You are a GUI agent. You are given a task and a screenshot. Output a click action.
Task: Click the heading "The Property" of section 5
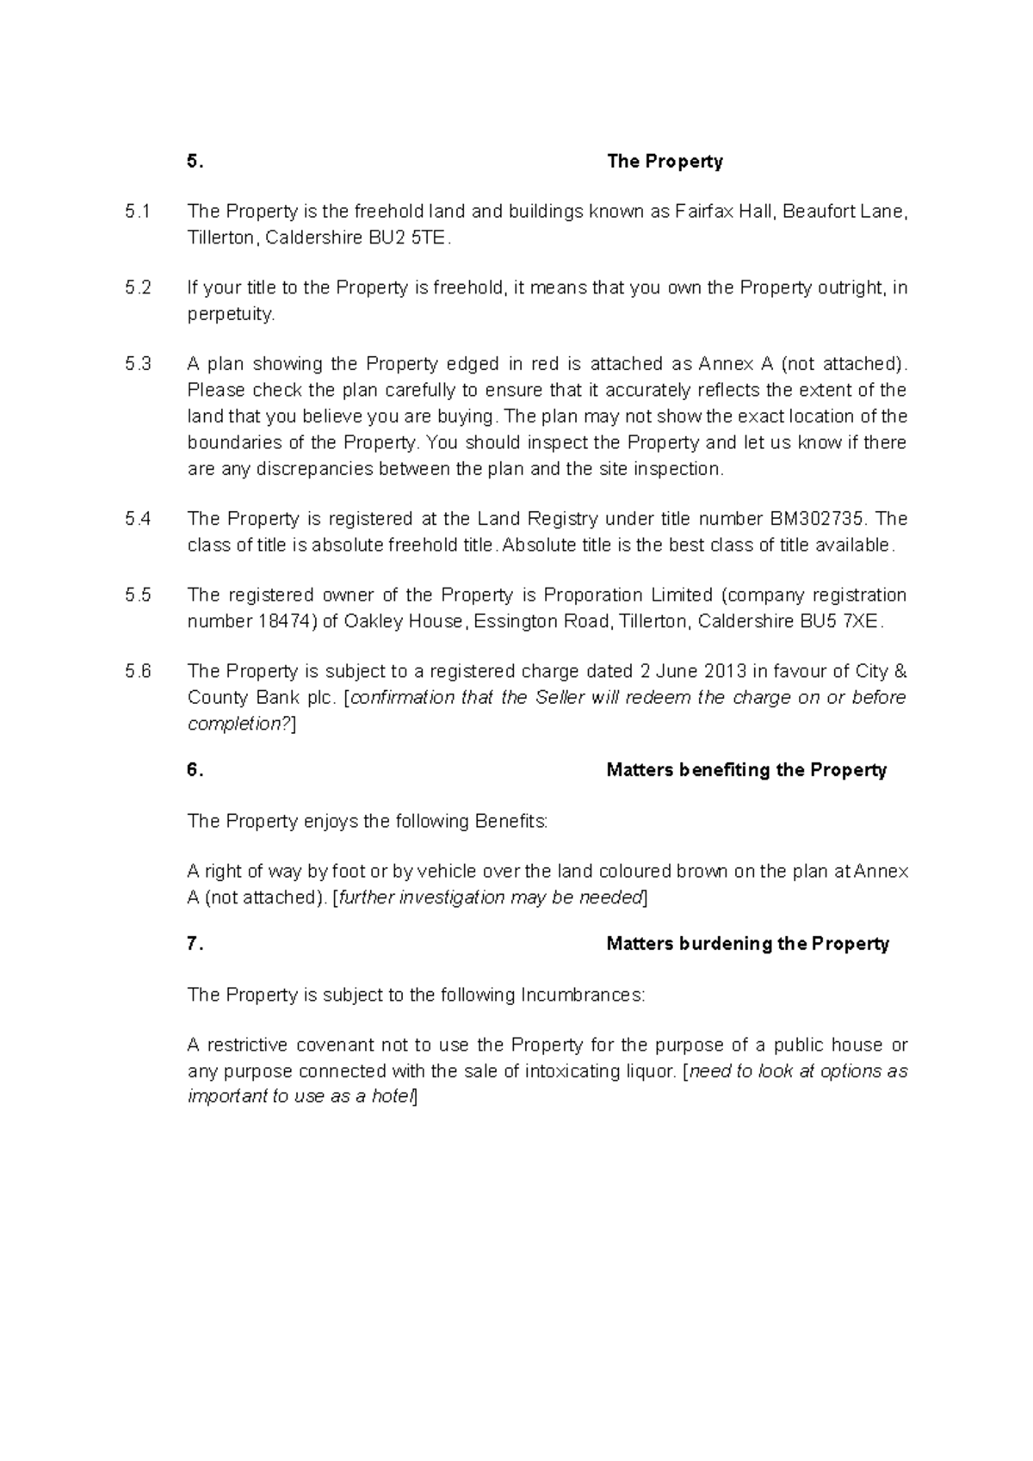click(665, 162)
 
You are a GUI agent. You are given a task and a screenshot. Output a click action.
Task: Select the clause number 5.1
click(137, 212)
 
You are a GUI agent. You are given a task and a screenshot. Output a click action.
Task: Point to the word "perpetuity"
click(230, 314)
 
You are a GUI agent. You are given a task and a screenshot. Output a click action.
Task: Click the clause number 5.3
click(138, 364)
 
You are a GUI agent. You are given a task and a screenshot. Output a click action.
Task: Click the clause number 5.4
click(138, 519)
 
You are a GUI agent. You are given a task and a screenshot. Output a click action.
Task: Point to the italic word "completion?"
click(239, 724)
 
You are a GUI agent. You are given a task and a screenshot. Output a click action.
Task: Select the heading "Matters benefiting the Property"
click(746, 771)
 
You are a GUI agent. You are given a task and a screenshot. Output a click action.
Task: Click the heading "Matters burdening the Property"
click(747, 944)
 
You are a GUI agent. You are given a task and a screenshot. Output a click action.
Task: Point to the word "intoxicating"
click(572, 1072)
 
